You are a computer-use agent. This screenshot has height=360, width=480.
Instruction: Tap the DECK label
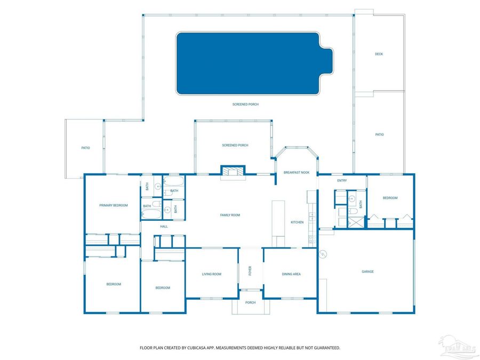point(379,54)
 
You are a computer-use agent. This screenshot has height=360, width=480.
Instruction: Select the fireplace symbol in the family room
point(233,171)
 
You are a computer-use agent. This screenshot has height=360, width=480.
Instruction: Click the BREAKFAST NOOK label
point(297,172)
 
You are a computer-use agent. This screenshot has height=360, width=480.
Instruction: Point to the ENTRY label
point(342,180)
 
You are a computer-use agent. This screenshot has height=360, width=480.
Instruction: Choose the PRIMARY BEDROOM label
point(114,205)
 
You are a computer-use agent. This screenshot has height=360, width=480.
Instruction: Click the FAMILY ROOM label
point(230,215)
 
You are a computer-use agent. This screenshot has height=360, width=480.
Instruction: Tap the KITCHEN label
point(297,222)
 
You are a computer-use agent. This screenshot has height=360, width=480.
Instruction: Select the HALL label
point(164,227)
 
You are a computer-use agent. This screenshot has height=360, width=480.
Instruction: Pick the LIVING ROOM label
point(211,274)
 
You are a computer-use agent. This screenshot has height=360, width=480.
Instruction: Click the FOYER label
point(250,271)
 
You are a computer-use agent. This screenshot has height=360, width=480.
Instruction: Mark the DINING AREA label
point(291,274)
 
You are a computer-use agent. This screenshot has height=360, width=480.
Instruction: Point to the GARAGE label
point(367,271)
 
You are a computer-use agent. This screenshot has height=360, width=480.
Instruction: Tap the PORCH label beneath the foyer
point(250,302)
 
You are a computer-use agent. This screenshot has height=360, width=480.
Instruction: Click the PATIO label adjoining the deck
point(379,134)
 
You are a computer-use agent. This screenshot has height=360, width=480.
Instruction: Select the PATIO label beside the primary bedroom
point(85,148)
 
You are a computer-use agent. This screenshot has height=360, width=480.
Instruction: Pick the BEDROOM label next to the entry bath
point(390,198)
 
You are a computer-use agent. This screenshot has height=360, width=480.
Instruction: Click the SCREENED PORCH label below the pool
point(245,105)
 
